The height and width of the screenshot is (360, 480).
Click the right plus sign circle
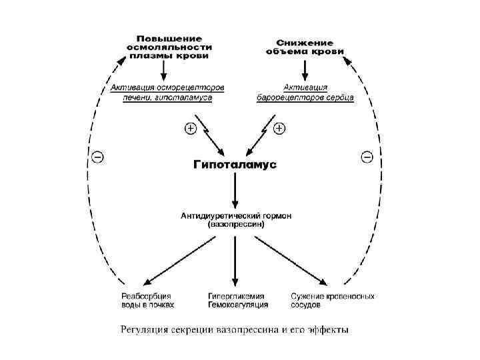pyautogui.click(x=279, y=127)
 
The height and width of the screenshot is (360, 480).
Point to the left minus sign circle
pyautogui.click(x=97, y=157)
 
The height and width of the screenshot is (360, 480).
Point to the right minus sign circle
pyautogui.click(x=367, y=157)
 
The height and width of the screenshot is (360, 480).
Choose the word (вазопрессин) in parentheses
pyautogui.click(x=235, y=225)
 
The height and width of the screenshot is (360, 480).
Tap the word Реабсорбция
pyautogui.click(x=146, y=296)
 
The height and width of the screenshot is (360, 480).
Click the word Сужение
pyautogui.click(x=308, y=296)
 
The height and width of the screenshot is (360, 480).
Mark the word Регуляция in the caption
pyautogui.click(x=143, y=329)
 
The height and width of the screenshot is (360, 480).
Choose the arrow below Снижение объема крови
pyautogui.click(x=305, y=69)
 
